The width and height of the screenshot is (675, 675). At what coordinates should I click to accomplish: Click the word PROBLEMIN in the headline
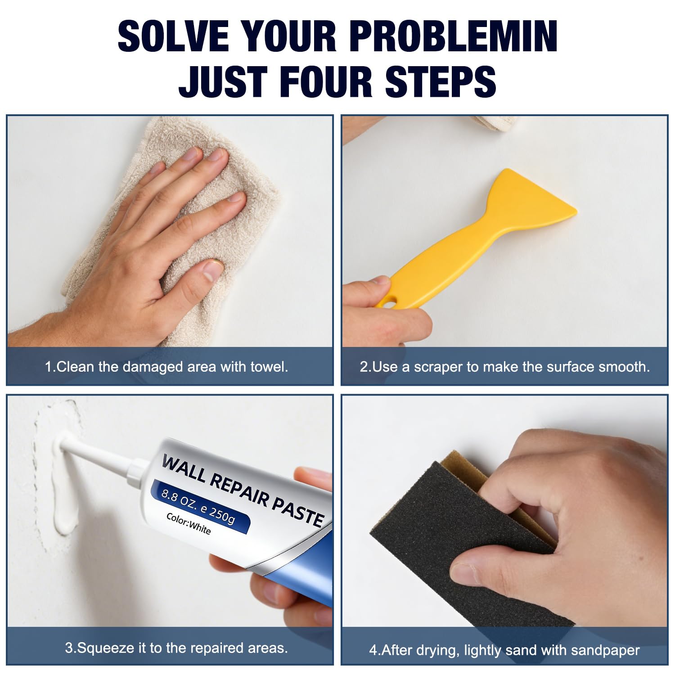453,36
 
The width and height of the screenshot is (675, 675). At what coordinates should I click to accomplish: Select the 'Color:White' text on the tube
189,524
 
